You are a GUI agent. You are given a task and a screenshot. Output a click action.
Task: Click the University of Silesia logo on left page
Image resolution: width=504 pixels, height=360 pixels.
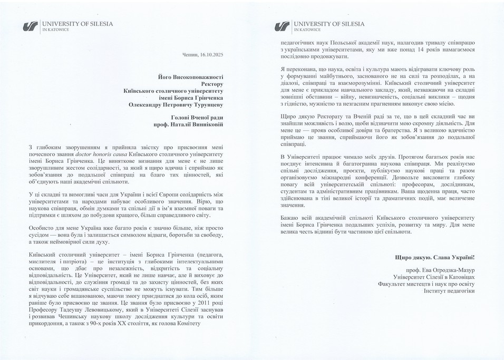click(32, 25)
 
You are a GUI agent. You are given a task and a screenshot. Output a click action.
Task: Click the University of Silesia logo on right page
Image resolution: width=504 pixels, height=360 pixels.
click(283, 25)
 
